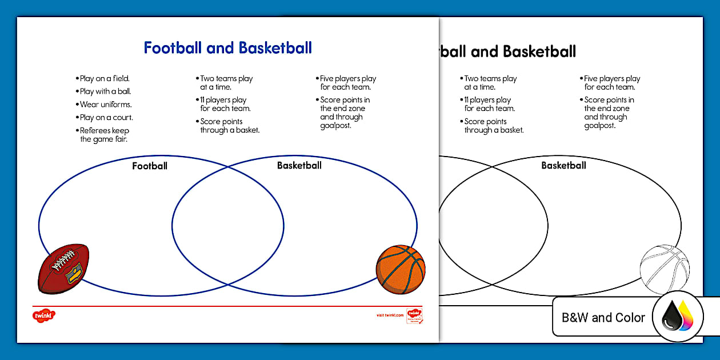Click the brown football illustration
tap(63, 269)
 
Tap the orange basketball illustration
tap(401, 270)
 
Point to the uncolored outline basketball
tap(664, 270)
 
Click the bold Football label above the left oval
tap(150, 166)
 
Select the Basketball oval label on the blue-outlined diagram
tap(299, 166)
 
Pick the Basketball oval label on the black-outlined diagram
tap(563, 166)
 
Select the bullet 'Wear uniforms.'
tap(106, 105)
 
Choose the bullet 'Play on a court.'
tap(106, 118)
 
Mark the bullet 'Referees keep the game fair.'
tap(105, 135)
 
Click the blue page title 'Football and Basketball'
tap(227, 48)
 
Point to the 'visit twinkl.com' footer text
tap(390, 315)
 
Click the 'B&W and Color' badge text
tap(603, 318)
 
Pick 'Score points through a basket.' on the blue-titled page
tap(230, 126)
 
